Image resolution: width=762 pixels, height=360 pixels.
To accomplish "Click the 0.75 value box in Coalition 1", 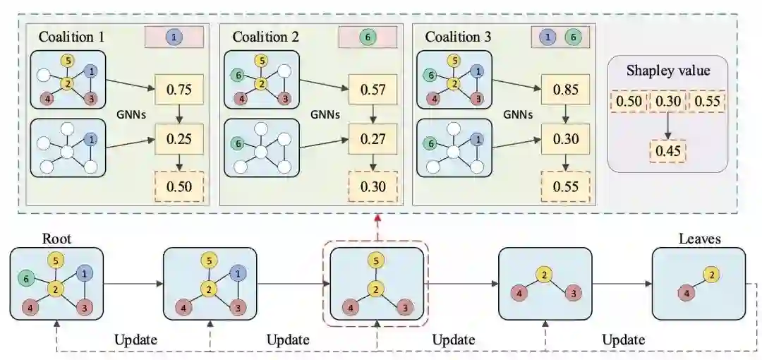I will point(179,90).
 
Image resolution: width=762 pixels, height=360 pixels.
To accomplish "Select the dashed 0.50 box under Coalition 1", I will point(179,186).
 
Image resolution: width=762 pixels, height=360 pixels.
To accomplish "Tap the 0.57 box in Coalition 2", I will point(372,90).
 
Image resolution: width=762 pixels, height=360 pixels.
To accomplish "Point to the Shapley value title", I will point(667,71).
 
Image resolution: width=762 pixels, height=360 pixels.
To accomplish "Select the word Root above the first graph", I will point(56,239).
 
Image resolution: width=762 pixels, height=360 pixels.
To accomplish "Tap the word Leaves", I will point(699,239).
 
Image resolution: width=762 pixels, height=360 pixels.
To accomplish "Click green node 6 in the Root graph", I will point(25,280).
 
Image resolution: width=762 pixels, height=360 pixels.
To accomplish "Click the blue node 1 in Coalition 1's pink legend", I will point(174,37).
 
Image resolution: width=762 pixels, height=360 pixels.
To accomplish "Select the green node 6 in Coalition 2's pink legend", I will point(367,37).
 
